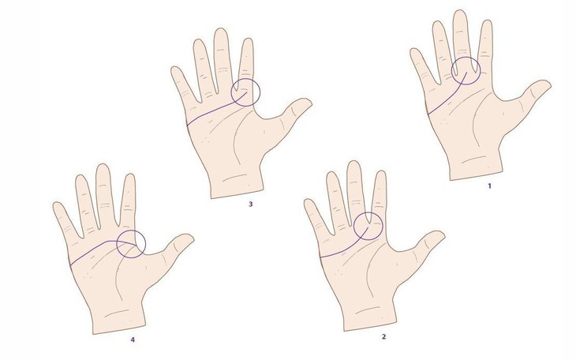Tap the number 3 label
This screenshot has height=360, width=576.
coord(250,204)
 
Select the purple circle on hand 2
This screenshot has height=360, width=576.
coord(368,227)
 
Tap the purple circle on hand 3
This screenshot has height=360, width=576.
coord(245,92)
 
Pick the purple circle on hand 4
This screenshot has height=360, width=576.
coord(130,243)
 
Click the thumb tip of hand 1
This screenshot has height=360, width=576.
coord(545,84)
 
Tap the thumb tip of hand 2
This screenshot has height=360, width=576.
coord(439,235)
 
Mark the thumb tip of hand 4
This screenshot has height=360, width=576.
coord(188,238)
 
